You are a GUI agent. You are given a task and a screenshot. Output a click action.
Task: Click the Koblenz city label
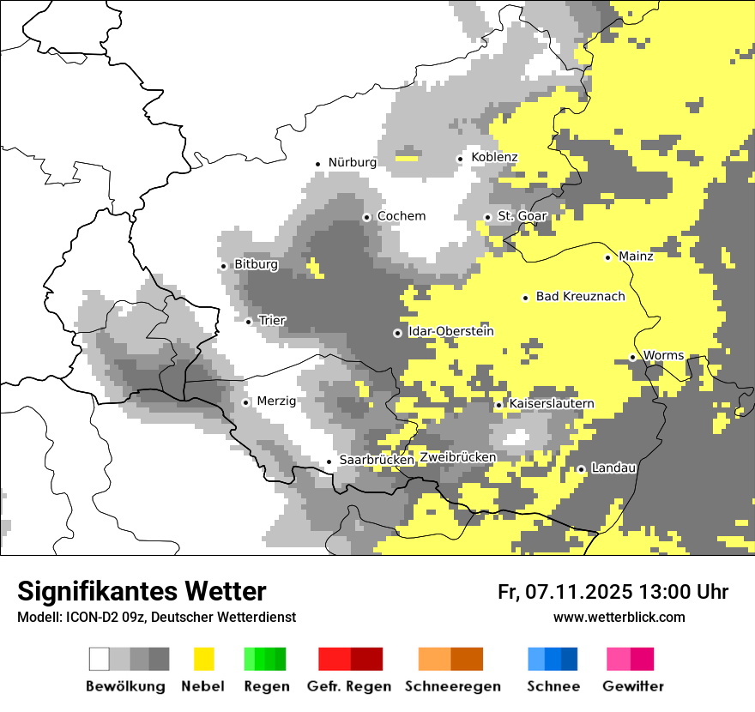pos(494,157)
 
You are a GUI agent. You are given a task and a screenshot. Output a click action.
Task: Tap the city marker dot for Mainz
pos(608,257)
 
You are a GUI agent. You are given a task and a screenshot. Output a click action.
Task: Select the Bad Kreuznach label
pos(580,297)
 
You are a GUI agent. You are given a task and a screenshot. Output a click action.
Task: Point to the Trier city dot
pos(249,322)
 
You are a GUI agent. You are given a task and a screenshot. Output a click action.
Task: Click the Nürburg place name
pos(352,162)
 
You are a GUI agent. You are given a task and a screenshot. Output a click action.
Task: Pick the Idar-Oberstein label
pos(451,331)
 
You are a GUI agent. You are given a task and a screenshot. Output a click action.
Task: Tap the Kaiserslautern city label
pos(552,403)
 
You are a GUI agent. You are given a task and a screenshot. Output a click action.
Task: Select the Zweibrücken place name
pos(457,457)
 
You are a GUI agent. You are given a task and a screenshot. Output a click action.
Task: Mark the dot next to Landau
pos(581,469)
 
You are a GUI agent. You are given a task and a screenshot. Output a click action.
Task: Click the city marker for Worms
pos(633,357)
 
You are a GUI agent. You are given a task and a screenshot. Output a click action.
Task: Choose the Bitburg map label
pos(256,265)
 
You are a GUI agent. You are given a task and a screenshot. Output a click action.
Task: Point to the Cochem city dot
pos(366,217)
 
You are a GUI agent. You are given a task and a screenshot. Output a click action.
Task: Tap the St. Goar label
pos(522,216)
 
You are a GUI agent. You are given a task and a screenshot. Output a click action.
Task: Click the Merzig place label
pos(276,401)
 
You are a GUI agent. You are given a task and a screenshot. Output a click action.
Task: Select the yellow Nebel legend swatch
pos(203,659)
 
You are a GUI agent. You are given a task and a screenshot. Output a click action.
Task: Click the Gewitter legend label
pos(632,686)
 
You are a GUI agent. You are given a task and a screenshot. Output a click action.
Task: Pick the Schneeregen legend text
pos(452,686)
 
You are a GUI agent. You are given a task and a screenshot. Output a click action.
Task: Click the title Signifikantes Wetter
pos(142,591)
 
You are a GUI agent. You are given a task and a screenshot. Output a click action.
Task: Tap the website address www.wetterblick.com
pos(619,617)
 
